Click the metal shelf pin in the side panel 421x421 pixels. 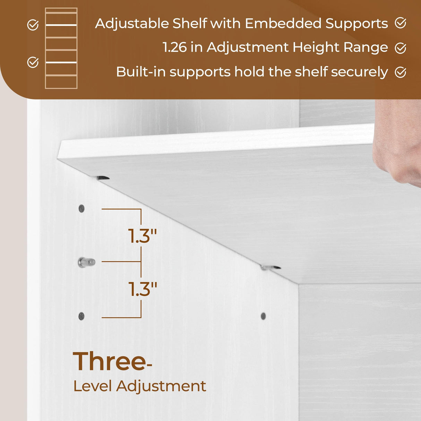(x=86, y=262)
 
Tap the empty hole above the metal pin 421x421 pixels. (x=81, y=208)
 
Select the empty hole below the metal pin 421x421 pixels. (x=81, y=316)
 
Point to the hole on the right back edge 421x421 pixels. (x=263, y=316)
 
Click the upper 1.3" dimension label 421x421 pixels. (x=143, y=236)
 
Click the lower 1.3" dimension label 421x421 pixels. (x=143, y=289)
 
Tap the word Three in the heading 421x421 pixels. (x=109, y=361)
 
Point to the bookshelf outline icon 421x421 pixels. (x=61, y=48)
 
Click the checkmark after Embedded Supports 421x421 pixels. (x=401, y=23)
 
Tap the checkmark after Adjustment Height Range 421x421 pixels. (x=401, y=48)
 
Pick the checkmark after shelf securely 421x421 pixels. (x=401, y=72)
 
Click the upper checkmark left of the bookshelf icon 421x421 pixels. (x=33, y=25)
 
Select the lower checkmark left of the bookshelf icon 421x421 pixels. (x=33, y=62)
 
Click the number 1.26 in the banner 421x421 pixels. (x=174, y=48)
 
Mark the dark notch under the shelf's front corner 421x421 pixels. (x=103, y=178)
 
